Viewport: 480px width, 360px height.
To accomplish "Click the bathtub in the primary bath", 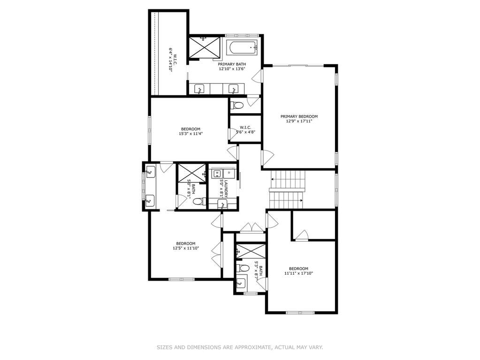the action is point(242,48).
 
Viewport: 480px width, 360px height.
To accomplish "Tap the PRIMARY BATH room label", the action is point(232,64).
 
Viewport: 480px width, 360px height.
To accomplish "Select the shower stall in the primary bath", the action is point(204,47).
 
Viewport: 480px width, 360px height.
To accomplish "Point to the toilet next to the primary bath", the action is point(236,105).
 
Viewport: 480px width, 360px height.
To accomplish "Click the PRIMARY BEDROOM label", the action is point(299,116).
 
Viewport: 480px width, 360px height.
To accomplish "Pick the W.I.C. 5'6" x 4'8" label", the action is point(245,130).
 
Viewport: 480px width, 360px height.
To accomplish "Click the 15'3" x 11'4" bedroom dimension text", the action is point(190,133).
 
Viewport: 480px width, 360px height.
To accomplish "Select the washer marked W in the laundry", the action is point(217,173).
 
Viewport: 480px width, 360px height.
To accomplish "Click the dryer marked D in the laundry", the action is point(229,173).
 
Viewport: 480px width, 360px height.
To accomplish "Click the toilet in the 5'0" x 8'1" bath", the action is point(199,202).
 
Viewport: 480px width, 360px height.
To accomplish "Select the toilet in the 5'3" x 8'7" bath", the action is point(243,268).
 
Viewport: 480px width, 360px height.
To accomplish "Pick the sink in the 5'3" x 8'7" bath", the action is point(241,283).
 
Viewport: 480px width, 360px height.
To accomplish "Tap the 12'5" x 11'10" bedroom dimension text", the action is point(186,248).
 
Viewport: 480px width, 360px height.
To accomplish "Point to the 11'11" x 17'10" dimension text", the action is point(298,273).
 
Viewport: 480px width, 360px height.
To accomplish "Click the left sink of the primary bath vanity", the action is point(199,89).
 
